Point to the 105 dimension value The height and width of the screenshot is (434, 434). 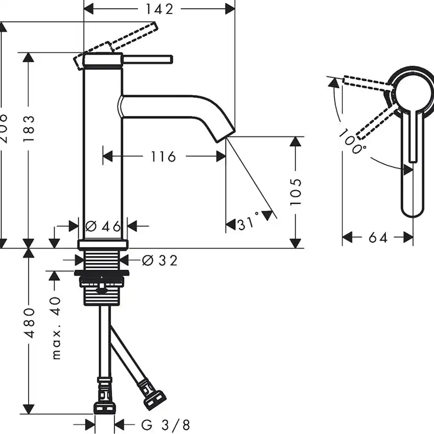(296, 192)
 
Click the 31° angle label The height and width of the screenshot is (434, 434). (248, 224)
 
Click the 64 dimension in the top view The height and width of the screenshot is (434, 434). (377, 238)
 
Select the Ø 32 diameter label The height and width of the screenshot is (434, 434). (160, 260)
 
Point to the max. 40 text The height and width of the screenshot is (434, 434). (56, 328)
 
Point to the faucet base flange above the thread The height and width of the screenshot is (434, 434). (103, 244)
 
